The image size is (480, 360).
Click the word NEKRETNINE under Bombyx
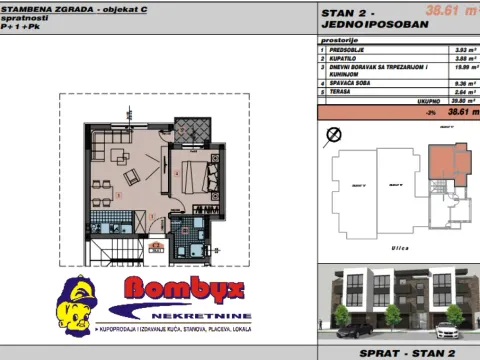click(164, 313)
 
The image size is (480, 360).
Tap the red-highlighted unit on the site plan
click(456, 161)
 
